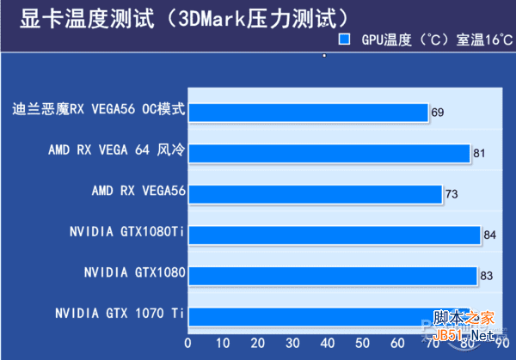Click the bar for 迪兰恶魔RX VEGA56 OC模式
pyautogui.click(x=307, y=113)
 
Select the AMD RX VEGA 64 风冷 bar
pyautogui.click(x=329, y=153)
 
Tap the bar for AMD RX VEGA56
pyautogui.click(x=315, y=193)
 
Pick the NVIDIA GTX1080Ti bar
pyautogui.click(x=334, y=235)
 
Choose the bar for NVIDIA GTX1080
pyautogui.click(x=332, y=276)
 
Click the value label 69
pyautogui.click(x=438, y=113)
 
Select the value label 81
pyautogui.click(x=479, y=154)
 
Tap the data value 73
pyautogui.click(x=451, y=194)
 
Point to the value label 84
pyautogui.click(x=489, y=235)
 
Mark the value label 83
pyautogui.click(x=487, y=276)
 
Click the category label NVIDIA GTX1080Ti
pyautogui.click(x=126, y=232)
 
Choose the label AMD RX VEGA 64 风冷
pyautogui.click(x=117, y=150)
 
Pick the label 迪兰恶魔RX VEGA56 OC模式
pyautogui.click(x=99, y=110)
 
